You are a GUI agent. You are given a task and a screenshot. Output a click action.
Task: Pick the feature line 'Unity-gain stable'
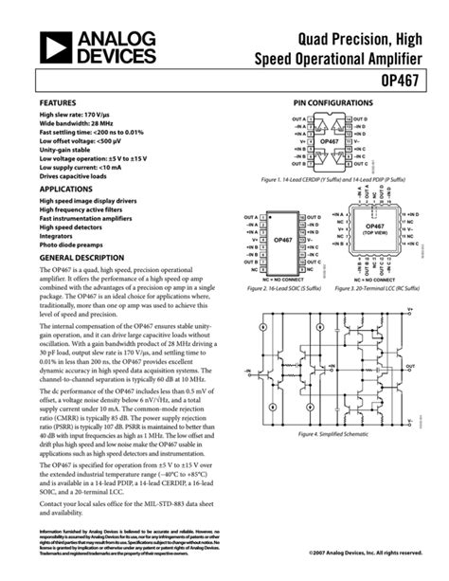70,149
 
